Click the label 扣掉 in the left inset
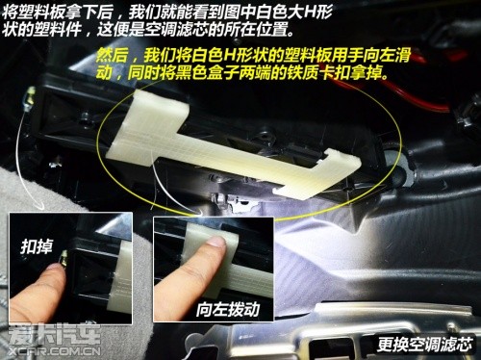coord(36,246)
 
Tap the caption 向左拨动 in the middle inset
coord(228,309)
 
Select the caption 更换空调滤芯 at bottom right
coord(425,345)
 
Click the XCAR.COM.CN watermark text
coord(55,350)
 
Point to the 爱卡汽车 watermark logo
coord(54,335)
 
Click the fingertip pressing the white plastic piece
coord(215,243)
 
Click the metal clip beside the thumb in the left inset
coord(64,258)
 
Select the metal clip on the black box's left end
coord(31,96)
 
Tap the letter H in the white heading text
coord(311,12)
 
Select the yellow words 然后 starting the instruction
coord(112,55)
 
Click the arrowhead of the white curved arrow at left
coord(41,206)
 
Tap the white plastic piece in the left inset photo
coord(120,276)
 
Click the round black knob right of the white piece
coord(395,162)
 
